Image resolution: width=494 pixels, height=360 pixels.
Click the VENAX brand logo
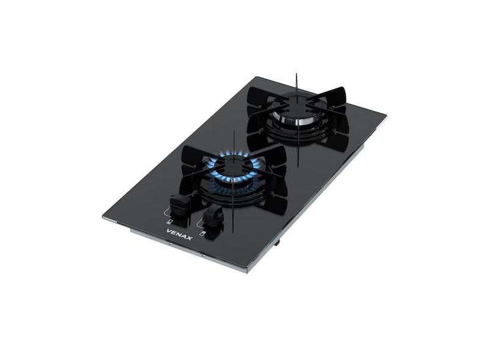coord(179,234)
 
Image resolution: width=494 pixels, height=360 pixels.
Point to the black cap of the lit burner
coord(233,162)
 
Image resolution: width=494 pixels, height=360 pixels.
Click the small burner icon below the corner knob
coord(170,222)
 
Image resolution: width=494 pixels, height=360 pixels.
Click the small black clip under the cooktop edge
coord(277,242)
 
